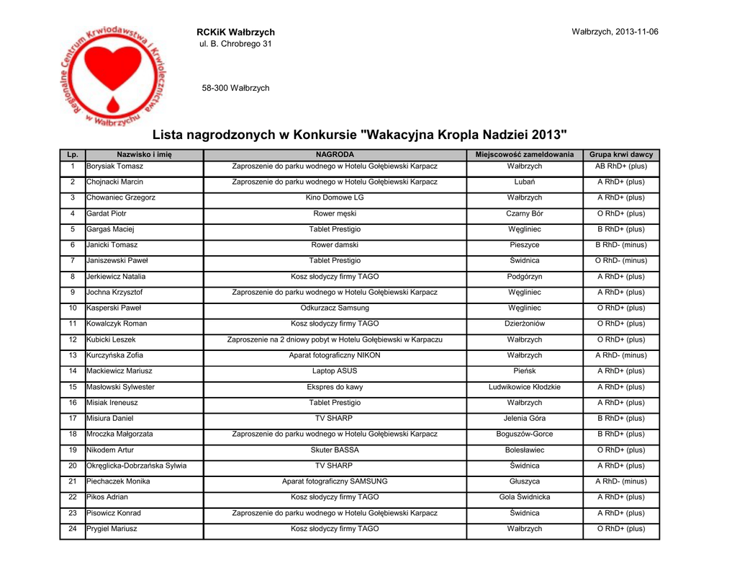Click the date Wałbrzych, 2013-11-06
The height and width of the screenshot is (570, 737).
(615, 32)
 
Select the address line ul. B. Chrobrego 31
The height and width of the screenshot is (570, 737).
(235, 45)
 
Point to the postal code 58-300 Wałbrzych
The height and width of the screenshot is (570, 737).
(235, 88)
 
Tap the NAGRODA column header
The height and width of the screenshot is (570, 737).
(335, 155)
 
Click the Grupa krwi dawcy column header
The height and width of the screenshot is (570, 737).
(621, 155)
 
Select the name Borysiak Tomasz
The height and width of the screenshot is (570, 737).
(114, 166)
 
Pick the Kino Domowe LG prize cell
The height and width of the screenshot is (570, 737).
(335, 197)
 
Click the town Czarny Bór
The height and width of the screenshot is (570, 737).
(524, 213)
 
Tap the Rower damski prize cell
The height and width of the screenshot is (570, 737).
(335, 245)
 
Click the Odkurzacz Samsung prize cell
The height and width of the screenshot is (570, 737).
(335, 308)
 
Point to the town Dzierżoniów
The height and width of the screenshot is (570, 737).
(524, 324)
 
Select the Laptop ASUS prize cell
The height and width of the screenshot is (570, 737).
(335, 371)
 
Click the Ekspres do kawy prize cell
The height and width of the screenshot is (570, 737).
(335, 387)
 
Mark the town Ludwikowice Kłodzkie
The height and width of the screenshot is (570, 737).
(524, 387)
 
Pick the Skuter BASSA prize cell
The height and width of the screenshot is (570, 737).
(335, 450)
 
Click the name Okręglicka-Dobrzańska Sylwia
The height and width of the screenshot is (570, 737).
(136, 466)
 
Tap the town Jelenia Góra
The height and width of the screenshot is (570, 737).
(524, 418)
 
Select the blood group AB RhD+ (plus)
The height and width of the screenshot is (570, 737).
(621, 166)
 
